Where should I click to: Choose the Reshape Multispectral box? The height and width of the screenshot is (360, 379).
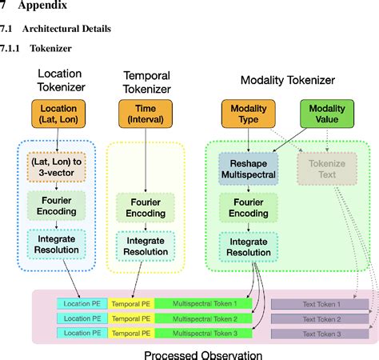[249, 169]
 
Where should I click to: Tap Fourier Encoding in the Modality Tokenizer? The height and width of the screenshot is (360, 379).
[249, 208]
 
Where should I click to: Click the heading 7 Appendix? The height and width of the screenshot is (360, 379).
[30, 10]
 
